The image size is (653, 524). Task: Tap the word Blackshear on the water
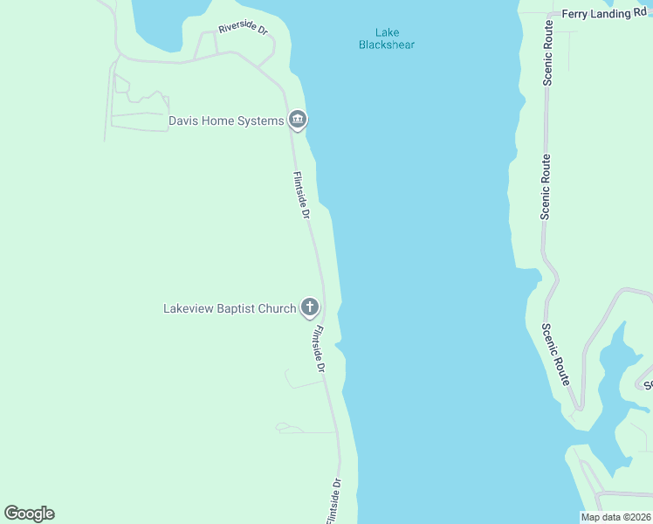pos(386,45)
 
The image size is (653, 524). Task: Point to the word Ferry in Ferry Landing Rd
pos(577,14)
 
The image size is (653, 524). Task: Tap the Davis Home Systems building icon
pos(298,120)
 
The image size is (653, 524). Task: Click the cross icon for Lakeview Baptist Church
pos(309,307)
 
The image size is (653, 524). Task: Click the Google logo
pos(29,514)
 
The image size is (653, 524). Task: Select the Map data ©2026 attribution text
pos(616,517)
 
